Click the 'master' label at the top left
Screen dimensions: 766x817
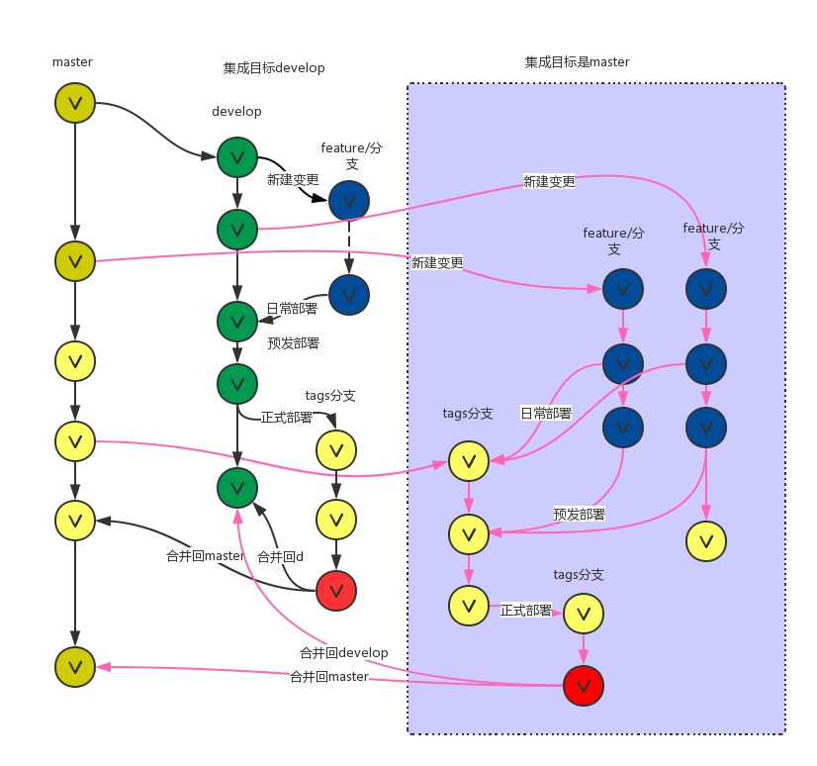click(72, 62)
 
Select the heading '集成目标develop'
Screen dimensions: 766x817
click(274, 68)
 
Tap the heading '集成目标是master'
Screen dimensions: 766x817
click(577, 62)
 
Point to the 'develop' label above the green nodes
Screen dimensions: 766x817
click(236, 112)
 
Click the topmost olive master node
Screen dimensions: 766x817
click(75, 101)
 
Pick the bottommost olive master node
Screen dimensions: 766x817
click(75, 665)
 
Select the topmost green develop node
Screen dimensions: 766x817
click(236, 156)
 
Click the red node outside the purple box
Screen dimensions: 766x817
click(335, 591)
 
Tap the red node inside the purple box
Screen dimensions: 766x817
click(583, 684)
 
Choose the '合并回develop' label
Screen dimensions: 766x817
click(343, 653)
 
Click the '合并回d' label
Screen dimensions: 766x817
click(280, 557)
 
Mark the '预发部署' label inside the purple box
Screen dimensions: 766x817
click(579, 515)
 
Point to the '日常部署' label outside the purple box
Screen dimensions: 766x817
click(292, 309)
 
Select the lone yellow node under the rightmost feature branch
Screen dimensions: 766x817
click(705, 540)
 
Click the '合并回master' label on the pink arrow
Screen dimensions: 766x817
click(328, 677)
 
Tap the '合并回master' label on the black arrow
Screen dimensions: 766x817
click(205, 556)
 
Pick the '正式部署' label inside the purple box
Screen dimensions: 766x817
click(526, 611)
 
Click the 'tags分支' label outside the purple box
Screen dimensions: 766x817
click(330, 396)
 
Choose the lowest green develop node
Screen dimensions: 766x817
click(236, 486)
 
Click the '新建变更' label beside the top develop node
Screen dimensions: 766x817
click(293, 180)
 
